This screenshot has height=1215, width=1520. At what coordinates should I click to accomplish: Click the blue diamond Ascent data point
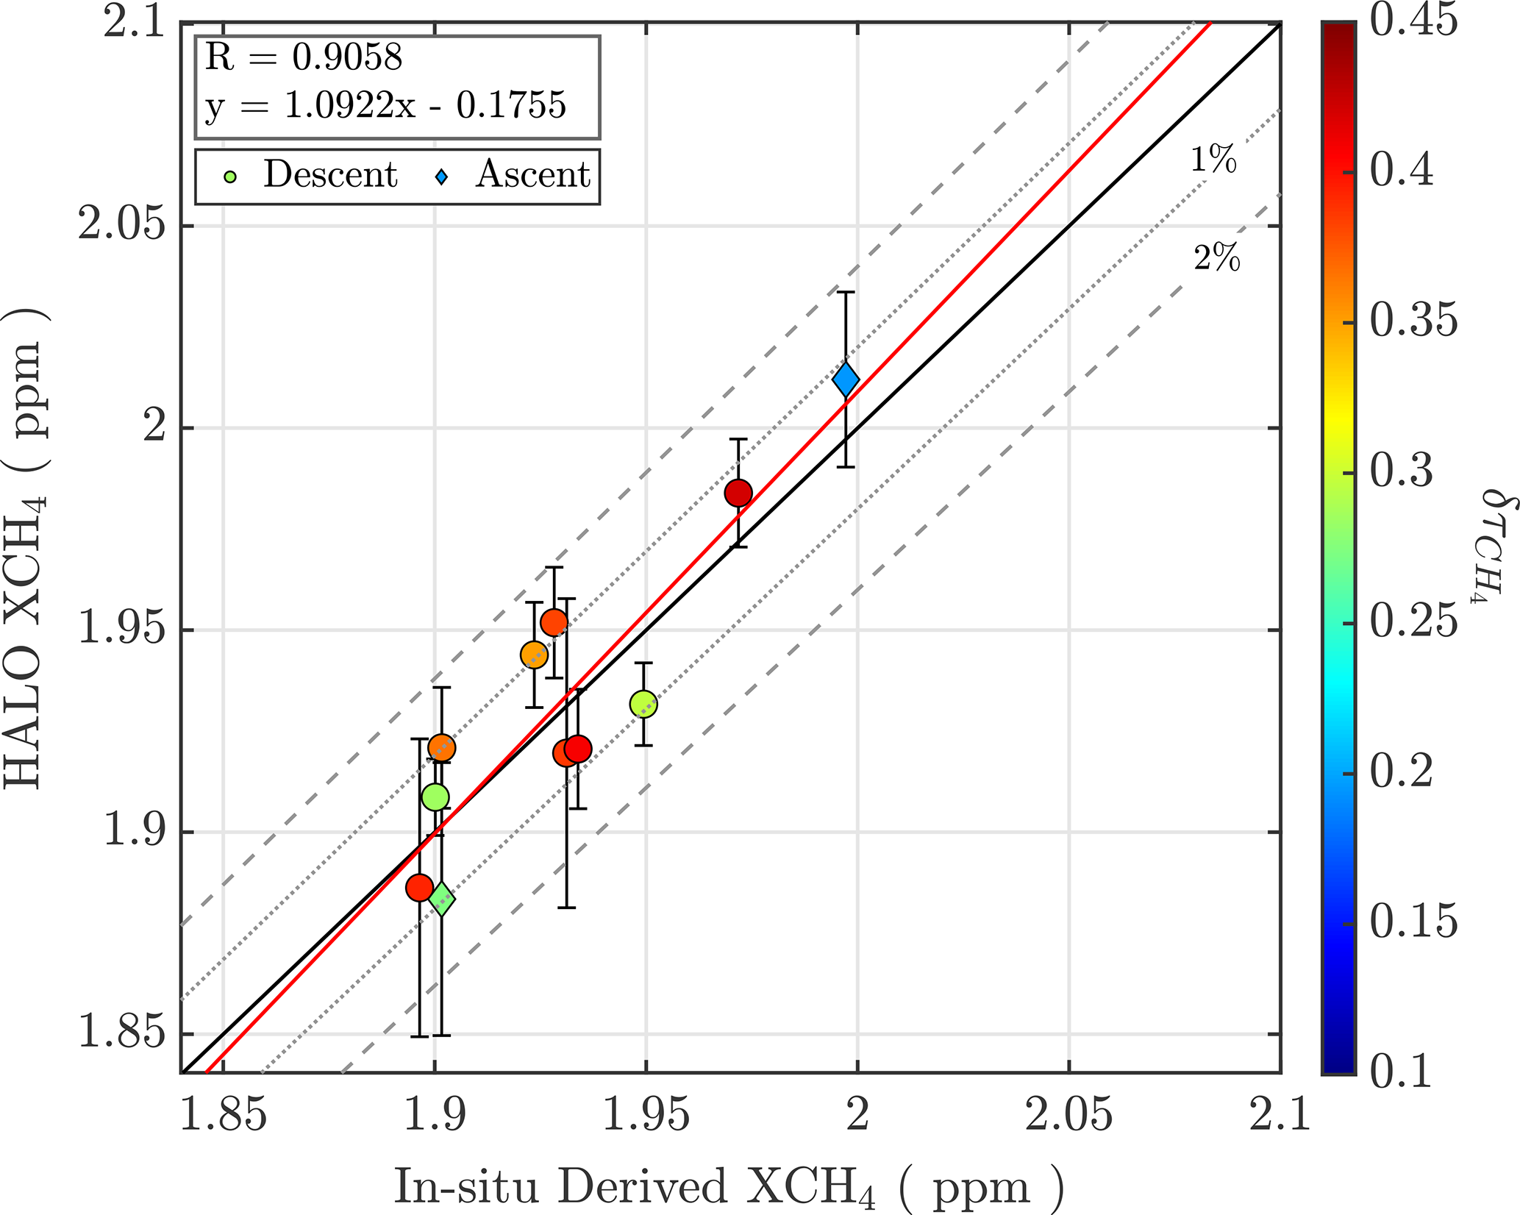(846, 380)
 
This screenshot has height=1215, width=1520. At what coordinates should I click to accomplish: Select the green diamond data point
(441, 899)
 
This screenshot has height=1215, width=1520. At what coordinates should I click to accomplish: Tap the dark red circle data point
(738, 493)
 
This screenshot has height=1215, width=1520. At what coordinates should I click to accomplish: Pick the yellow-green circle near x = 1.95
(643, 705)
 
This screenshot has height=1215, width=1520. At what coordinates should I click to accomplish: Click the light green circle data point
(435, 797)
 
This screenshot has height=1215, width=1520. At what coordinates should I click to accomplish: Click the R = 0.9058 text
(303, 57)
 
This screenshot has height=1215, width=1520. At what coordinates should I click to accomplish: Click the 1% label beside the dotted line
(1213, 159)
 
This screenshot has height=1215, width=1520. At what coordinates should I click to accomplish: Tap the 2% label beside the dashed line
(1216, 258)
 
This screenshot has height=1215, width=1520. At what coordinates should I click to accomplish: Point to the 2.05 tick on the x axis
(1068, 1115)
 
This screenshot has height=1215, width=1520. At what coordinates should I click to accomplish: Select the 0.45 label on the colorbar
(1413, 21)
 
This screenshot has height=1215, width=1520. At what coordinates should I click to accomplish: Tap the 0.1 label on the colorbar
(1401, 1071)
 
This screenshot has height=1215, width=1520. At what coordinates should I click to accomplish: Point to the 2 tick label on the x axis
(857, 1115)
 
